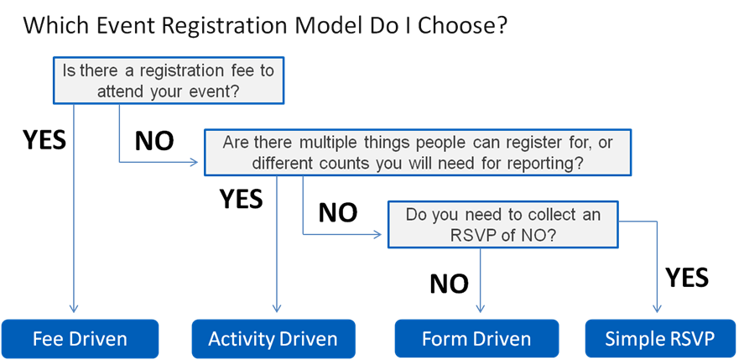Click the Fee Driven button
[81, 339]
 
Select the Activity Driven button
[273, 339]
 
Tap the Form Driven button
[476, 339]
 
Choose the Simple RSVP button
[660, 339]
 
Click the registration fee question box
[169, 81]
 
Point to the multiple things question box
[418, 152]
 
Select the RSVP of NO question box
[503, 224]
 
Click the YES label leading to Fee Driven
[44, 139]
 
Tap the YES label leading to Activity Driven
[241, 199]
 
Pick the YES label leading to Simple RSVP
[687, 278]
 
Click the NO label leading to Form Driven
[450, 284]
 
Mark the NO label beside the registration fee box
[154, 141]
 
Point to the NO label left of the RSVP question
[338, 213]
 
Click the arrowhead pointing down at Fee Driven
[74, 308]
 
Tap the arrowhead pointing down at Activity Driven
[277, 308]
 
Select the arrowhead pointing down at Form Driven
[480, 308]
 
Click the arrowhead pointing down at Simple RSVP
[657, 308]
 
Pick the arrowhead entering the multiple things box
[193, 163]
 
